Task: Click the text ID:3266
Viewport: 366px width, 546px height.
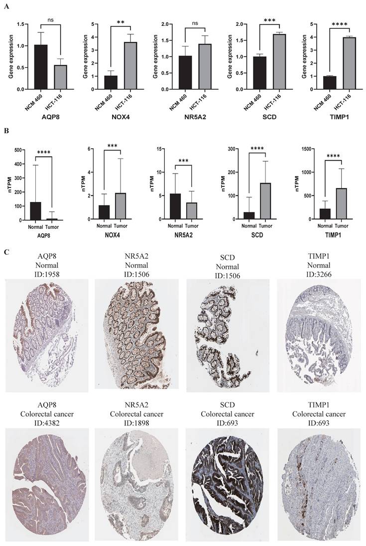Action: point(319,273)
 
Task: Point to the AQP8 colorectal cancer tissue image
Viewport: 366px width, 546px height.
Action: point(47,481)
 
